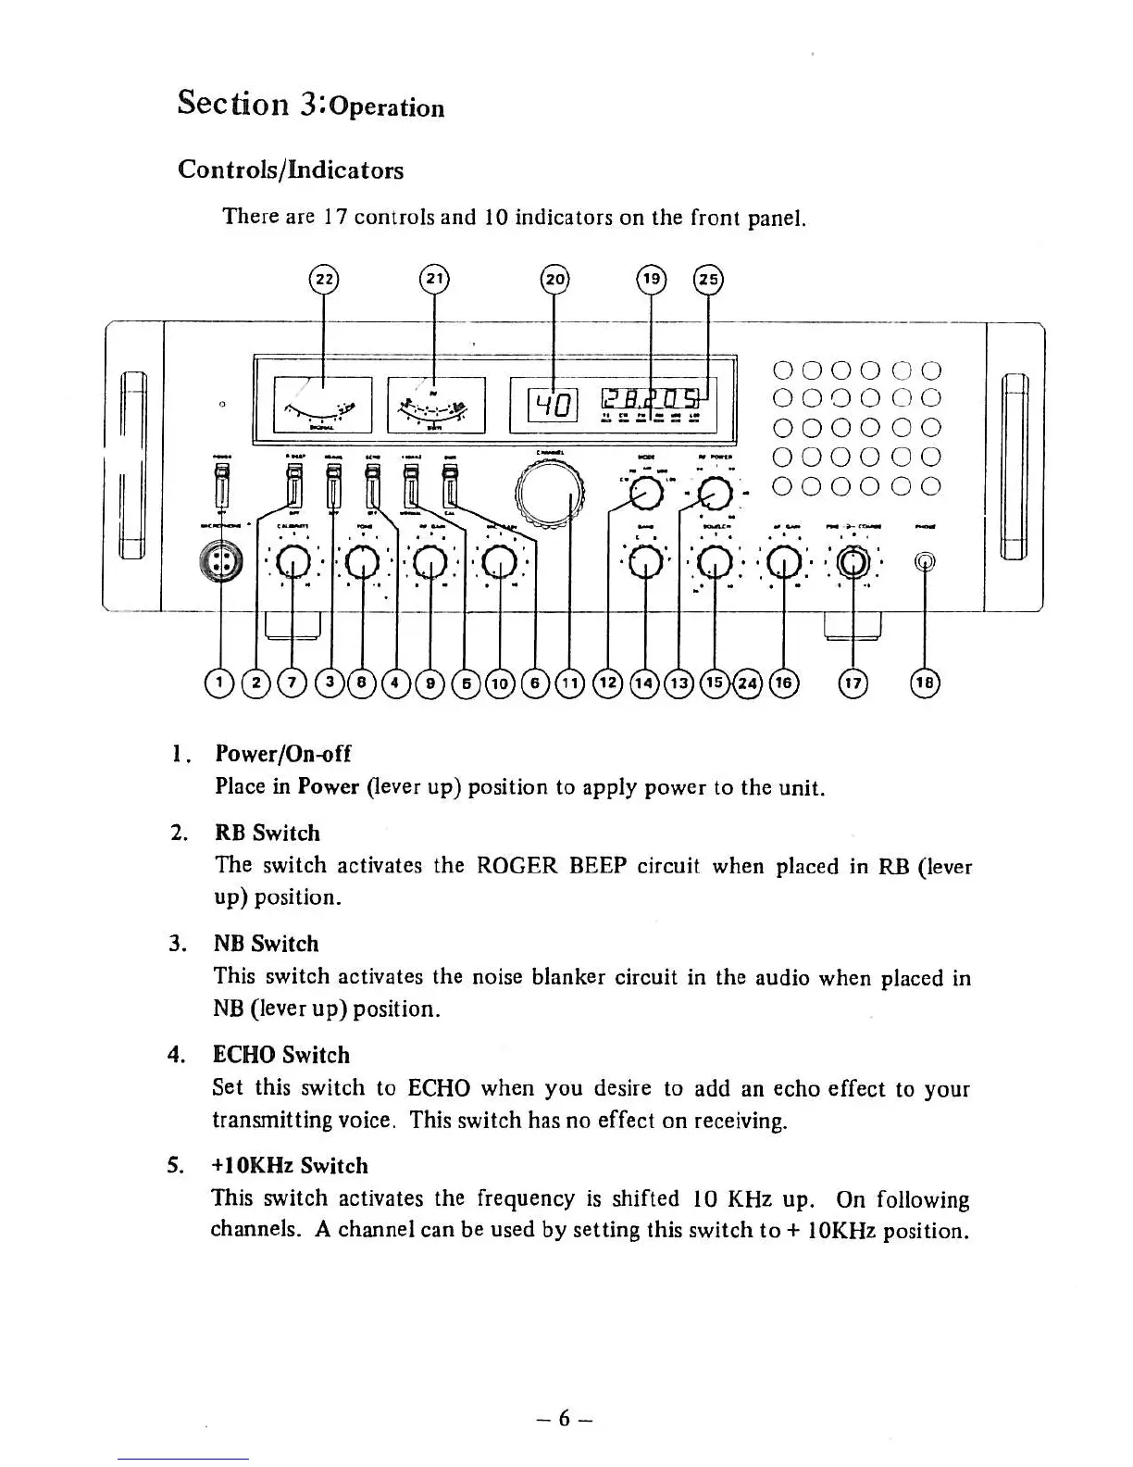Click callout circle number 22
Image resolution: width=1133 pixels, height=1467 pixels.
323,279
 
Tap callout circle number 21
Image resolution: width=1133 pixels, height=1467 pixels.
434,279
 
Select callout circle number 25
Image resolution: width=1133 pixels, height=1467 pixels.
708,279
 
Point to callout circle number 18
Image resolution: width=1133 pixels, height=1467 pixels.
926,683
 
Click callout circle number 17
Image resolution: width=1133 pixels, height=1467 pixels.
852,683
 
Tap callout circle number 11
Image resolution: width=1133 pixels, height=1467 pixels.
570,683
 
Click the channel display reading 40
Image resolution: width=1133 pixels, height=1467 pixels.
553,405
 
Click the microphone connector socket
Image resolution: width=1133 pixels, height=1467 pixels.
220,562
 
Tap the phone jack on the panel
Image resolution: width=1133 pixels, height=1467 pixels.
925,561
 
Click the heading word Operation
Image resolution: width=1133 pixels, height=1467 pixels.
387,107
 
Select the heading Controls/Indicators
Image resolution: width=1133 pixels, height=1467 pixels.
291,170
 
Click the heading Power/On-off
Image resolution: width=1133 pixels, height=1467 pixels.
282,754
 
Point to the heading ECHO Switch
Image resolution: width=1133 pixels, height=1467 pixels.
281,1055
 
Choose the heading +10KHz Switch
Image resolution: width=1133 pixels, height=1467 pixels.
291,1166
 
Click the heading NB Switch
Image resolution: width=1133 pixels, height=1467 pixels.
266,944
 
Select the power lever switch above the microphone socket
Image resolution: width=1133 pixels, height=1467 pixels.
221,485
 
